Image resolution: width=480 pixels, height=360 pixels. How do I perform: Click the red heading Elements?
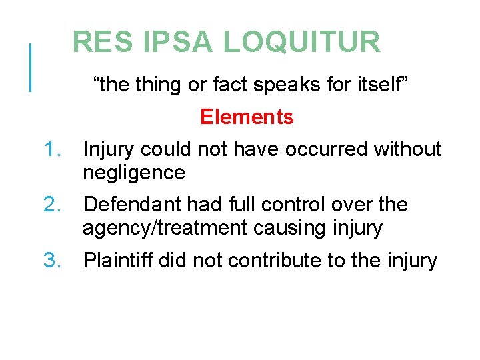pyautogui.click(x=247, y=117)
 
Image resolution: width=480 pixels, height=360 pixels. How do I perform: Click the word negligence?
pyautogui.click(x=133, y=173)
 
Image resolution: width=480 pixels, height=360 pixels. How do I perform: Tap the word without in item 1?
pyautogui.click(x=407, y=149)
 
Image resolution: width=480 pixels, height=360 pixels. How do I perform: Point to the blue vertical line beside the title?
pyautogui.click(x=30, y=67)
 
